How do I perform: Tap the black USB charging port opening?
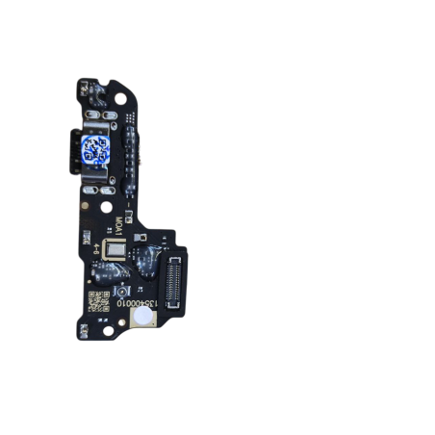click(73, 151)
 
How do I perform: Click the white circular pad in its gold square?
click(141, 320)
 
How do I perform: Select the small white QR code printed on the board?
click(98, 299)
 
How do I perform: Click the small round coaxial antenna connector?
click(120, 291)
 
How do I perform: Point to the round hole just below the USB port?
click(105, 205)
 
